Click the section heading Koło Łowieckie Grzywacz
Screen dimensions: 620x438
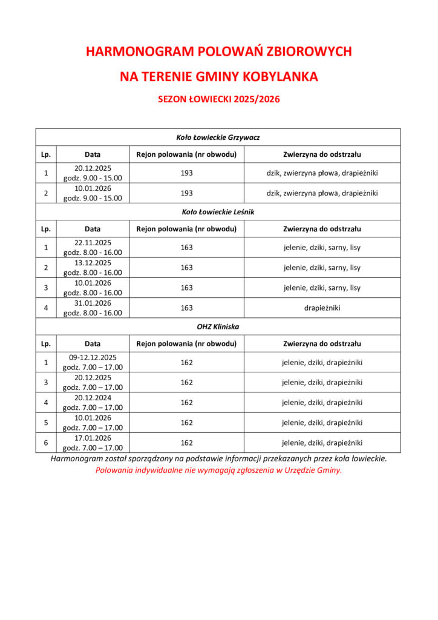click(x=218, y=137)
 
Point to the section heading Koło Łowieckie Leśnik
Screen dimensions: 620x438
click(x=218, y=212)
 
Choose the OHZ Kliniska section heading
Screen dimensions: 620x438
click(x=218, y=326)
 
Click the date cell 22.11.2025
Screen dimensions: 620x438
click(x=93, y=243)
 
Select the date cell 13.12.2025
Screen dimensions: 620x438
click(x=93, y=263)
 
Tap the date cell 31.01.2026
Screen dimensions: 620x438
click(x=93, y=303)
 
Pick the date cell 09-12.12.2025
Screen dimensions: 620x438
click(x=93, y=357)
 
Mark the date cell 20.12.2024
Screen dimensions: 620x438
click(x=93, y=397)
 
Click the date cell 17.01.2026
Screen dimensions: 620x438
click(x=93, y=437)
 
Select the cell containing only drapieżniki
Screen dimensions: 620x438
click(x=322, y=308)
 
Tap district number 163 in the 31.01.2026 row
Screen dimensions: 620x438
click(x=187, y=308)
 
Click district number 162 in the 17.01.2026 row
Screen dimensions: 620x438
click(x=187, y=443)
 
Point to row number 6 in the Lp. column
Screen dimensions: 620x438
click(x=46, y=443)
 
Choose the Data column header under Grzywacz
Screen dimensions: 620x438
click(x=93, y=154)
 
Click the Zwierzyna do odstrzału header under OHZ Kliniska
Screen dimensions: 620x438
click(x=322, y=343)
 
